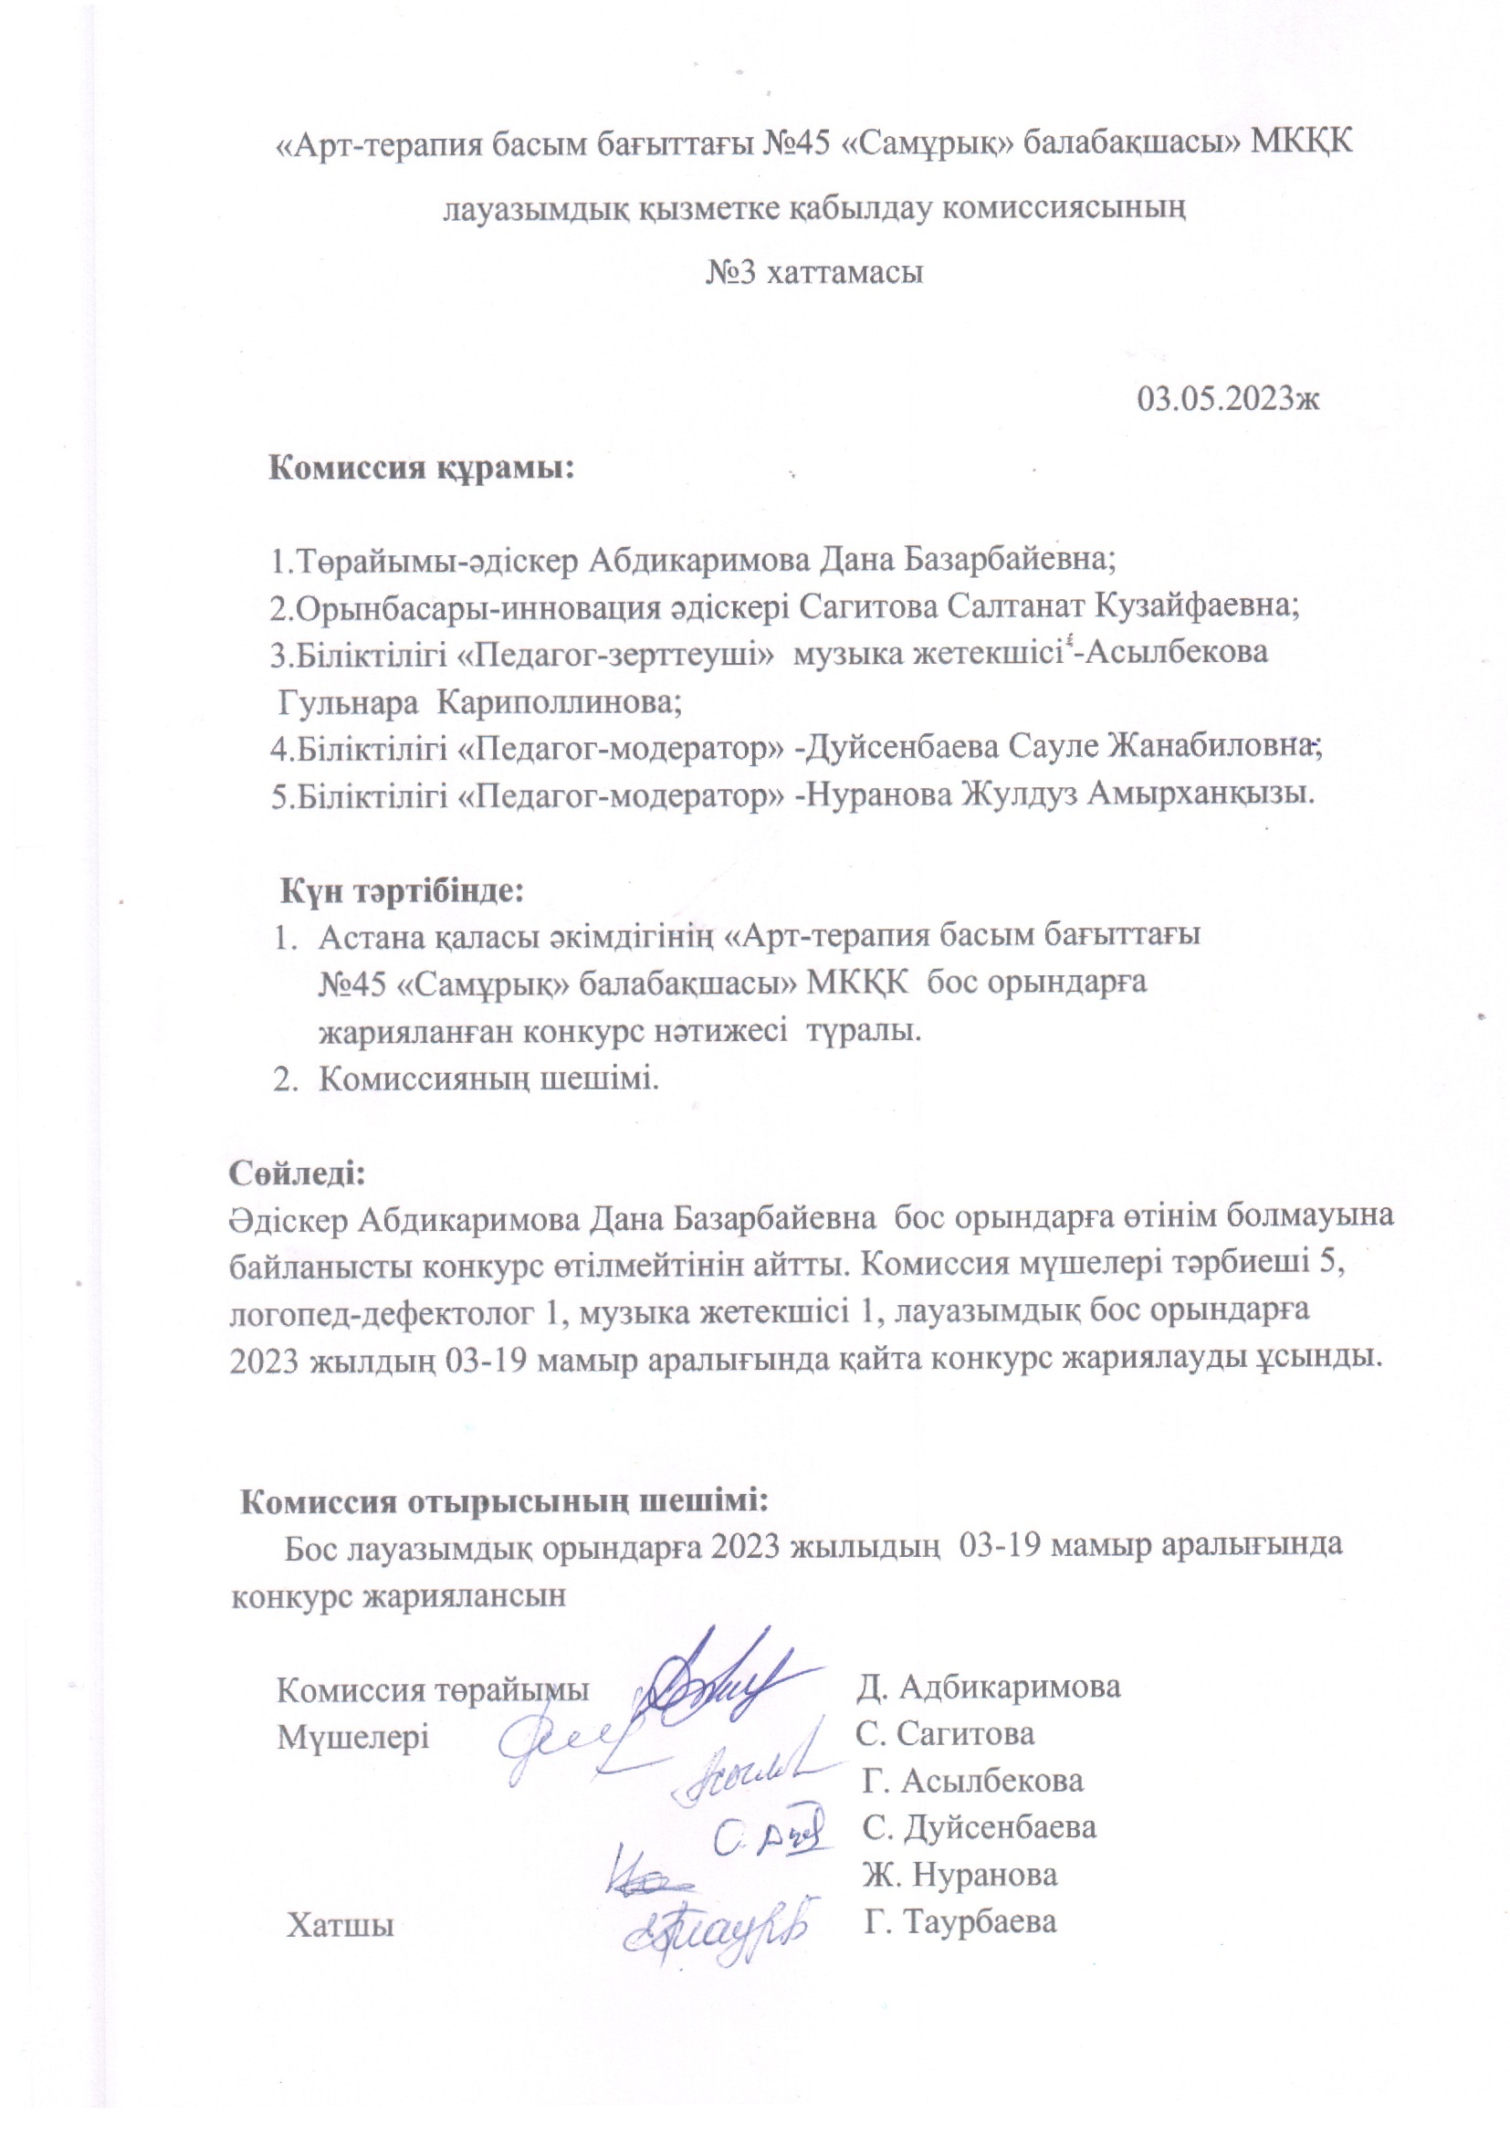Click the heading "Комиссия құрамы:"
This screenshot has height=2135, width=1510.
(422, 468)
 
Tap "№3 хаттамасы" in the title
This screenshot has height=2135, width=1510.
(815, 273)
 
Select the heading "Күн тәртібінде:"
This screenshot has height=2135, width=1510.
(404, 891)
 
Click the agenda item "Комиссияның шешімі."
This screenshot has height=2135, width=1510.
(489, 1078)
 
